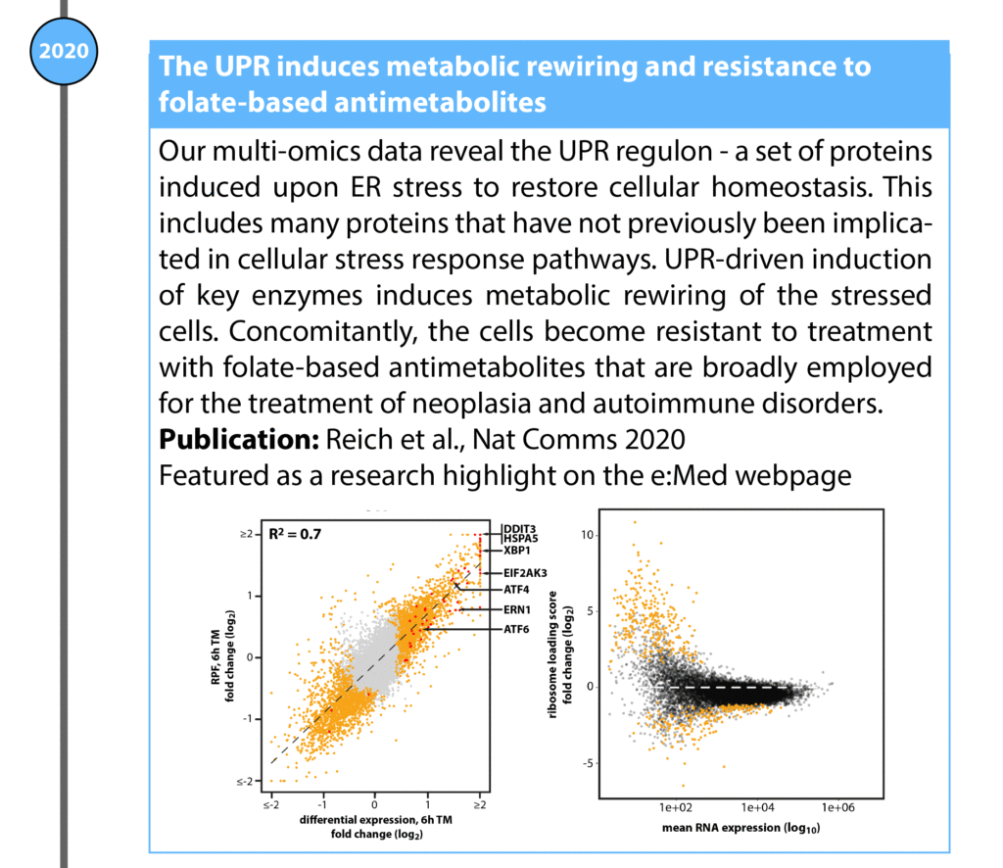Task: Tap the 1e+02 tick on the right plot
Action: [x=676, y=809]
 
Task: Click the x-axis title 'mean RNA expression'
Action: [x=727, y=829]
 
